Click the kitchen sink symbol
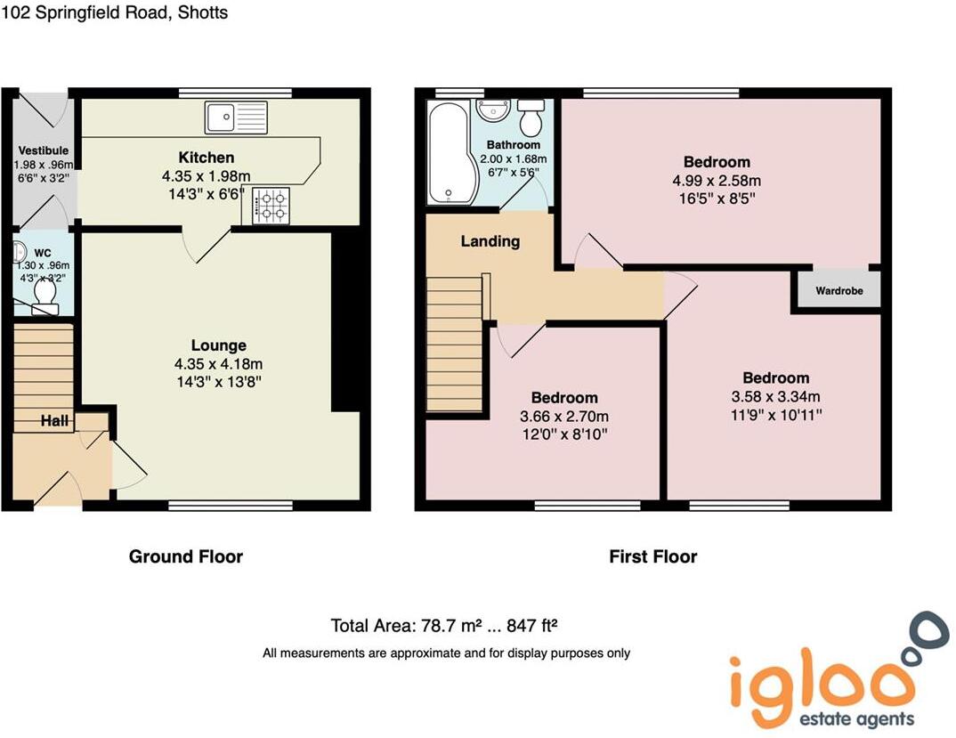pos(236,117)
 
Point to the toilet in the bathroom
pos(531,115)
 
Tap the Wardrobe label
pos(837,290)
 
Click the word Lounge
pos(218,345)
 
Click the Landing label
pos(490,241)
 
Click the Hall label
pos(54,421)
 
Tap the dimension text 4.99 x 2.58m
pos(717,181)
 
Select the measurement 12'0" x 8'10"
pos(564,434)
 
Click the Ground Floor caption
pos(186,556)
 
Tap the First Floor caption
pos(652,556)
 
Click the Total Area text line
pos(450,624)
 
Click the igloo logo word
pos(821,683)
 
